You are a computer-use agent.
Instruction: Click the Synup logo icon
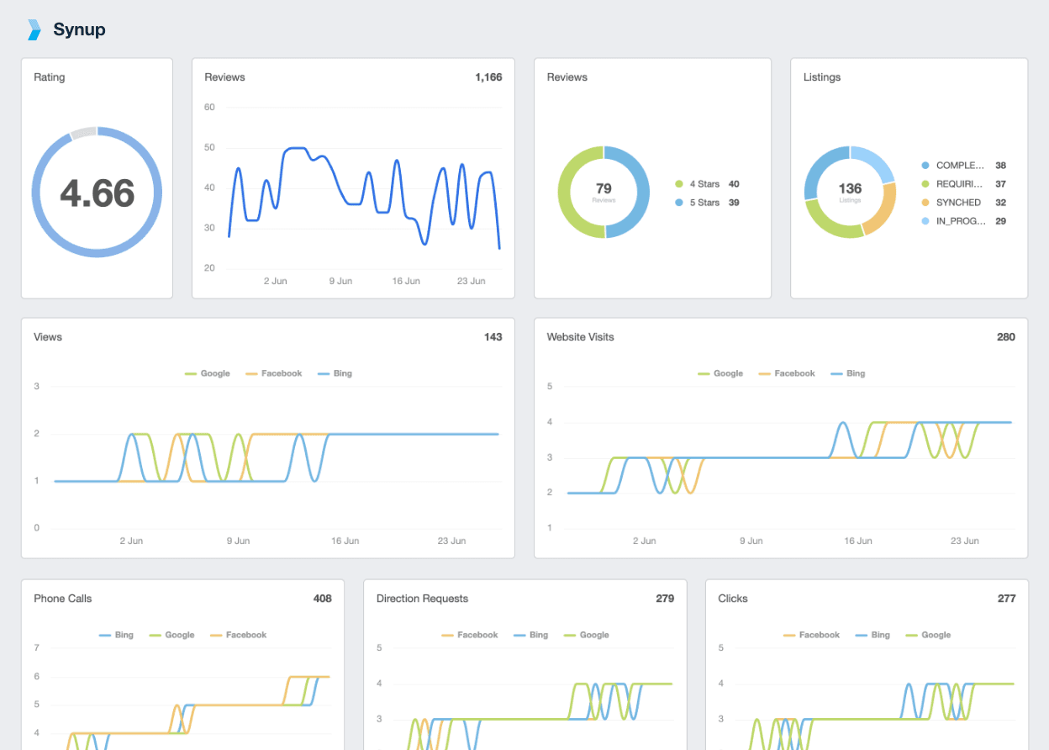[x=34, y=29]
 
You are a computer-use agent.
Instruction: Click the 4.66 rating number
[x=97, y=193]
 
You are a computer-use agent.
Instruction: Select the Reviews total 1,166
[x=488, y=77]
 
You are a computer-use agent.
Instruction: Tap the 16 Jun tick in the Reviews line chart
[x=406, y=281]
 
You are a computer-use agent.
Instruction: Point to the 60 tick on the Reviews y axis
[x=209, y=107]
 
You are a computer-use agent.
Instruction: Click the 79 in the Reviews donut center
[x=604, y=189]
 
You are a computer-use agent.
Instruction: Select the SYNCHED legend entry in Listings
[x=957, y=203]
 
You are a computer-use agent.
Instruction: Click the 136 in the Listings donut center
[x=850, y=189]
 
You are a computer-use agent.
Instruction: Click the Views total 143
[x=493, y=337]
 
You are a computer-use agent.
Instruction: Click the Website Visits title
[x=580, y=337]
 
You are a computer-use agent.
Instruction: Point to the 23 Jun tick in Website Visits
[x=965, y=541]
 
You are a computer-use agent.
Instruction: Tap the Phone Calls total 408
[x=322, y=599]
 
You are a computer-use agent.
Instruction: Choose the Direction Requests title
[x=422, y=599]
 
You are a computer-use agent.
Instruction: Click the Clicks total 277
[x=1006, y=599]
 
